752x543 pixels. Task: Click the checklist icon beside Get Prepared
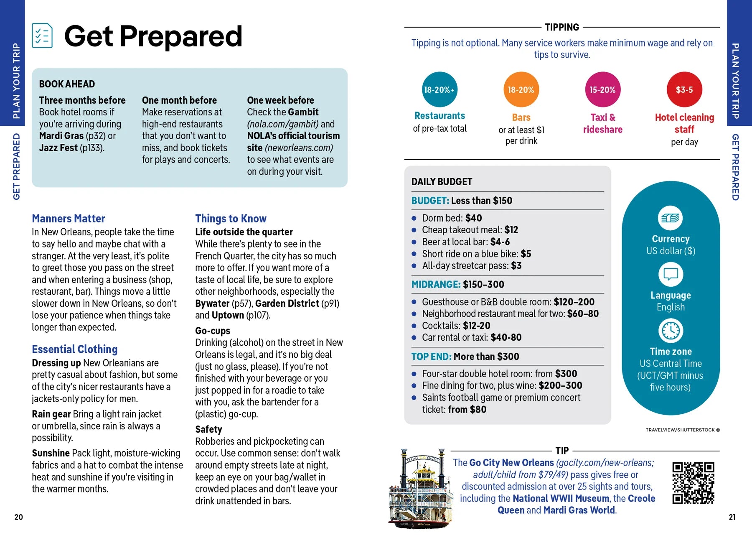(x=42, y=36)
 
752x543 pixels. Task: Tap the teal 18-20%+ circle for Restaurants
(x=440, y=89)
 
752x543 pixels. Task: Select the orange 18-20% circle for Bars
(x=521, y=89)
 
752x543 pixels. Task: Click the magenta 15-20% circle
(x=602, y=89)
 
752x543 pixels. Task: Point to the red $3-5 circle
(x=684, y=89)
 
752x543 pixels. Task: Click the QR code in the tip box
(x=693, y=483)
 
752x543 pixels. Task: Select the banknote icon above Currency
(x=671, y=218)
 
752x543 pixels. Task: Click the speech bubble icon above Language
(x=671, y=274)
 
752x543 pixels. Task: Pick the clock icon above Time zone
(x=671, y=331)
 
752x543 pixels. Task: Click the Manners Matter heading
(x=69, y=219)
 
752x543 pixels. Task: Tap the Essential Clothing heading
(x=75, y=349)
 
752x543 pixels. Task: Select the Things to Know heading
(x=231, y=219)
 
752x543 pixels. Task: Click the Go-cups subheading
(x=213, y=331)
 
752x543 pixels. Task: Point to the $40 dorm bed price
(x=473, y=218)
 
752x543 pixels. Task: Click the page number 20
(x=18, y=517)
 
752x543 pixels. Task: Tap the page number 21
(x=732, y=517)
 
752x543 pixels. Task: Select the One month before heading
(x=179, y=100)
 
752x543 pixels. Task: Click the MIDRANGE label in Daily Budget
(x=436, y=285)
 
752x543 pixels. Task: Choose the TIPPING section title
(x=562, y=28)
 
